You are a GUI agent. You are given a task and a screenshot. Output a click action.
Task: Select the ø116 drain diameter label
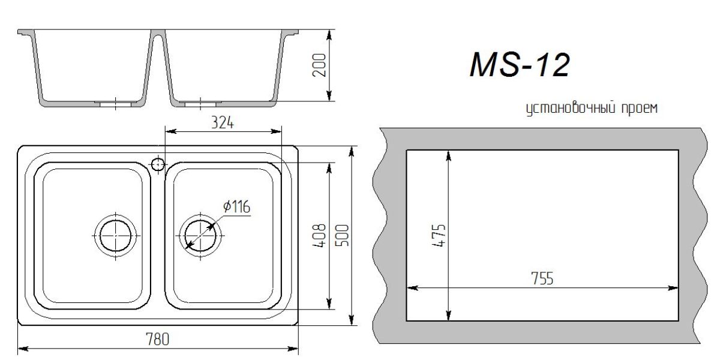click(x=236, y=207)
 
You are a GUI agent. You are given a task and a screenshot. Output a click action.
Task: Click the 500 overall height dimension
click(x=343, y=236)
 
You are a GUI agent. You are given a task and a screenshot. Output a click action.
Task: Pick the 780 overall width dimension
click(x=158, y=340)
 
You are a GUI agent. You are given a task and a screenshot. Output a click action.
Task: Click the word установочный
click(x=566, y=109)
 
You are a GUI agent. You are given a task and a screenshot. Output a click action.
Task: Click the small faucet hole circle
click(x=157, y=163)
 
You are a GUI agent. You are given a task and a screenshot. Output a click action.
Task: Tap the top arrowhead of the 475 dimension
click(x=448, y=154)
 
